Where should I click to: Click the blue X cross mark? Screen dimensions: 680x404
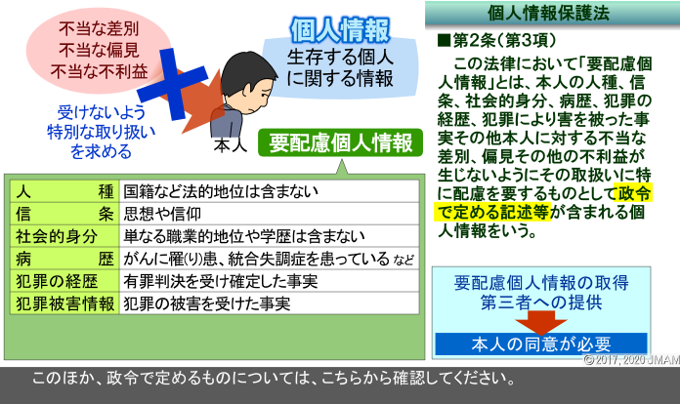pos(173,84)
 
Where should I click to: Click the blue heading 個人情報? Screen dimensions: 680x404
pos(340,30)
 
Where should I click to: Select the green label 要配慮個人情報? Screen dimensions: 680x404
pos(340,142)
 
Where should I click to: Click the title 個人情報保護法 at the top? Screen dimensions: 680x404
pos(548,13)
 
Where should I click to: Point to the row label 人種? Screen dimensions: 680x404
pos(64,191)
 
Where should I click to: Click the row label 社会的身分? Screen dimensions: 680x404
pos(57,236)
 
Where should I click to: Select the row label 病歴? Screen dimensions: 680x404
pos(64,259)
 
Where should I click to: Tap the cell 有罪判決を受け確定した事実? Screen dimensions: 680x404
pos(220,281)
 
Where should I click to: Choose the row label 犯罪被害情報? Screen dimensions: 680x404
pos(65,303)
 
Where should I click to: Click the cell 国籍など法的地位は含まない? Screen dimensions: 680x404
pos(221,191)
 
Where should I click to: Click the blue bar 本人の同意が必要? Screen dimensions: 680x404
pos(541,343)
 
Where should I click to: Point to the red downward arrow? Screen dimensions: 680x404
pos(541,323)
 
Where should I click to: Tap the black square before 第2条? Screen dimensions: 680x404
pos(445,40)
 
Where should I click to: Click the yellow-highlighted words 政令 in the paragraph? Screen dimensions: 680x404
pos(635,193)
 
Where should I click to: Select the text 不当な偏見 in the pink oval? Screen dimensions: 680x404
pos(100,50)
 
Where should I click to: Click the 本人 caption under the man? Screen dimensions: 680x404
pos(231,145)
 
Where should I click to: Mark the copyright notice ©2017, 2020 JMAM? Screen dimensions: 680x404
pos(631,360)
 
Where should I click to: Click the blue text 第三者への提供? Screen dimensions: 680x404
pos(541,303)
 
